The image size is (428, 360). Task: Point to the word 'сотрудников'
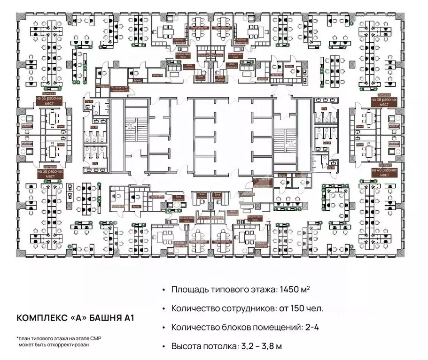[248, 308]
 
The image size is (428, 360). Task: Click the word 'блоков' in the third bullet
[241, 327]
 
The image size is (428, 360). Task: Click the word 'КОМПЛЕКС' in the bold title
[41, 318]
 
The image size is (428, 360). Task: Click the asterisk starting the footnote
[17, 337]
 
